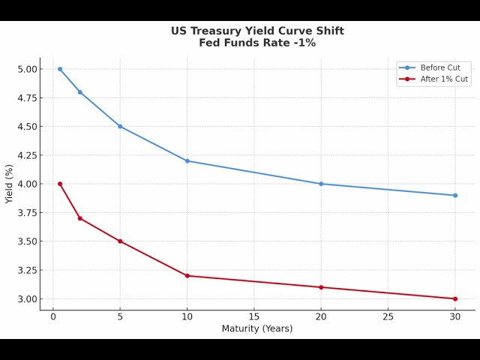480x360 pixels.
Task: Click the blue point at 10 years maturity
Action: pyautogui.click(x=187, y=161)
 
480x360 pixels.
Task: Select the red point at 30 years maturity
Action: pyautogui.click(x=454, y=298)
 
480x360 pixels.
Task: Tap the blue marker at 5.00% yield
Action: pyautogui.click(x=60, y=69)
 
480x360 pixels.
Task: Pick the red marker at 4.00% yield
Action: pyautogui.click(x=60, y=184)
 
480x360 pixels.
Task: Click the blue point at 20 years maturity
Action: pyautogui.click(x=321, y=184)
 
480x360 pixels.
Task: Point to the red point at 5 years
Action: pyautogui.click(x=120, y=241)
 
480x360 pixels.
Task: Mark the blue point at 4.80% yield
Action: pyautogui.click(x=80, y=92)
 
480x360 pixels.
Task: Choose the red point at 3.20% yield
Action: pyautogui.click(x=187, y=276)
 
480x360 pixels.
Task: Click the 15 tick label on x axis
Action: pyautogui.click(x=254, y=317)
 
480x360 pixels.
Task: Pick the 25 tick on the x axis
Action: pyautogui.click(x=388, y=317)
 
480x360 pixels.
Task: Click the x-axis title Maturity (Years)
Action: pyautogui.click(x=257, y=328)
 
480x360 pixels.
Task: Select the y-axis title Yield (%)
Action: pyautogui.click(x=10, y=184)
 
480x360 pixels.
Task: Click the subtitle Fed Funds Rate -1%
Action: pyautogui.click(x=257, y=43)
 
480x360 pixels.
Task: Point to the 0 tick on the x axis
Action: pyautogui.click(x=53, y=317)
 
